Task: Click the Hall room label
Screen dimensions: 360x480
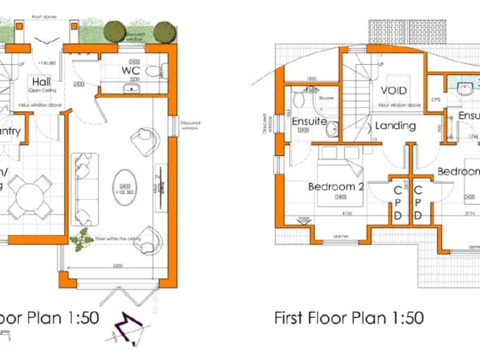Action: tap(41, 82)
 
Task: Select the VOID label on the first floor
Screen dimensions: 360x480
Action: tap(394, 91)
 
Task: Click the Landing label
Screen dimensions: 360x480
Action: tap(395, 126)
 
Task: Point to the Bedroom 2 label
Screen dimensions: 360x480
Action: tap(336, 186)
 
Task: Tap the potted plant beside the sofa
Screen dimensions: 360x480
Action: tap(80, 239)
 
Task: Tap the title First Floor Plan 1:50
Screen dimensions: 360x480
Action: tap(349, 317)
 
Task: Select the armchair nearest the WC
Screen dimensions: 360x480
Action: tap(146, 140)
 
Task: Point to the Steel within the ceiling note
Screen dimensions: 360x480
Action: tap(117, 239)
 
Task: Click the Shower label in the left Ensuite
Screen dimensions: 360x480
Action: tap(326, 98)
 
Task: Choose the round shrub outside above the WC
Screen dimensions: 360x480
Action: tap(114, 31)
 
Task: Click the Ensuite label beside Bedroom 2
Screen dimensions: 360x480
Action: tap(309, 121)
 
